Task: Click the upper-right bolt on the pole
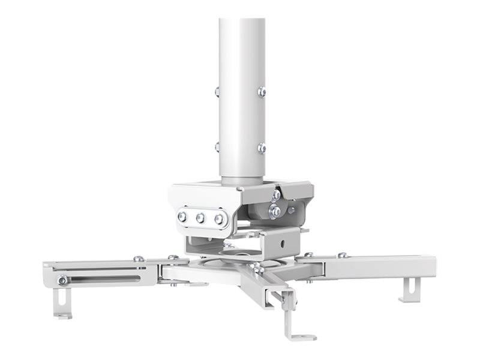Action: [262, 92]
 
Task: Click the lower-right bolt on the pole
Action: [262, 148]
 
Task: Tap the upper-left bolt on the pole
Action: [217, 92]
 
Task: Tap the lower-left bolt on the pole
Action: [217, 147]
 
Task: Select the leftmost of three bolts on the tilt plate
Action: [182, 216]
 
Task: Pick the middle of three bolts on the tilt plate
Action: [200, 218]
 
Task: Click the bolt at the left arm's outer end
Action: [62, 280]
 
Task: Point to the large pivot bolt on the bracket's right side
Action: [275, 211]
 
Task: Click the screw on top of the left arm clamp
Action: [138, 259]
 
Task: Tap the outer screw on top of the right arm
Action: [342, 255]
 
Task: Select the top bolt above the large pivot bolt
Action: [276, 194]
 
